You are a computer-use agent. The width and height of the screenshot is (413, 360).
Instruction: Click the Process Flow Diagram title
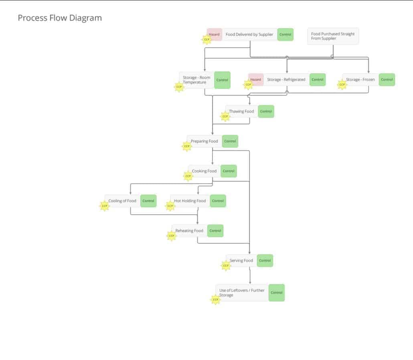(60, 18)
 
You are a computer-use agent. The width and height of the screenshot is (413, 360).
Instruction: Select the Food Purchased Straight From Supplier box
(333, 36)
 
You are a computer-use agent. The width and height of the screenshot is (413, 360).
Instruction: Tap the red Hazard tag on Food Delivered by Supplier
(215, 35)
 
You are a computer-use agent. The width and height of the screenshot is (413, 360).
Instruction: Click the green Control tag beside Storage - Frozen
(387, 79)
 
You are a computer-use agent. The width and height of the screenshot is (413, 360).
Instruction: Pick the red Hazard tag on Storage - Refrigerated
(256, 79)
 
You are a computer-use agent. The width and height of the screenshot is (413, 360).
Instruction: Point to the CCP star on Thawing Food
(225, 117)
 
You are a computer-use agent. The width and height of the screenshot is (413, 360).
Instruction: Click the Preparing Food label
(204, 141)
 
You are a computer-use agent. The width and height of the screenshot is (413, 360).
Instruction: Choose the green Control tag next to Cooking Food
(229, 171)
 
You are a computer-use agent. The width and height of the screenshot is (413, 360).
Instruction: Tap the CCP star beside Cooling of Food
(105, 206)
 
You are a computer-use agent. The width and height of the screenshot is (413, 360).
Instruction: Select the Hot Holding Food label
(190, 201)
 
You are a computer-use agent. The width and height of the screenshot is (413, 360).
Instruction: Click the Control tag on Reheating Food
(215, 231)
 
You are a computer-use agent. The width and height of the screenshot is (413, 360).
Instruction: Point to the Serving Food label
(241, 260)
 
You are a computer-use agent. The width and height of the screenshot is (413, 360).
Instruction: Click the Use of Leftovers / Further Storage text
(242, 293)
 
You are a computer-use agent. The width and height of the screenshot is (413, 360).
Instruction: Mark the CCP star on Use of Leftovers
(216, 299)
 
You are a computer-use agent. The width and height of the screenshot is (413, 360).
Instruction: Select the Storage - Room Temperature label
(196, 80)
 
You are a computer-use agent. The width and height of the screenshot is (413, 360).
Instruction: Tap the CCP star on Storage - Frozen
(342, 85)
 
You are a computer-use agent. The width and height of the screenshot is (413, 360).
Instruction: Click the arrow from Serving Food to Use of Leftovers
(250, 276)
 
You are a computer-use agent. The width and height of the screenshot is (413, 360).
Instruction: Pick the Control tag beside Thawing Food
(266, 111)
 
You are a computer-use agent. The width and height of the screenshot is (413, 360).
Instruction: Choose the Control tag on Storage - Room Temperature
(222, 80)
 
